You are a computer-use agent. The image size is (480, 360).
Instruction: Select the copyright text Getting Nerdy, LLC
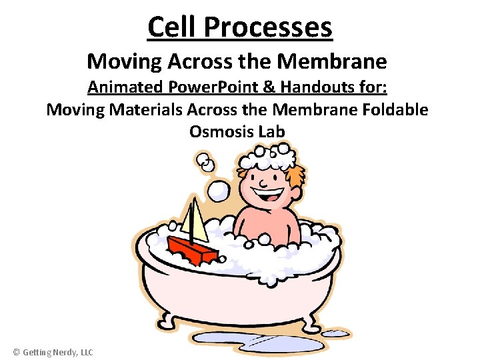coord(53,352)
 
